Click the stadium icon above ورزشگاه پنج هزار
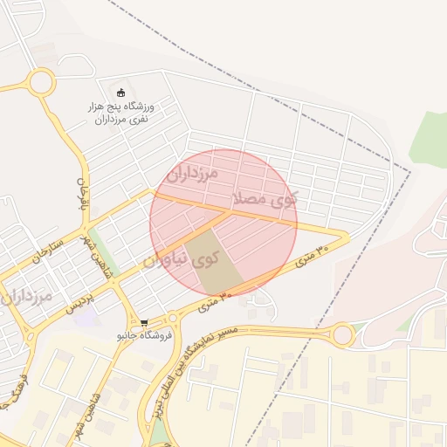(x=120, y=93)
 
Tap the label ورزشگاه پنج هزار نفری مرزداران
(x=121, y=111)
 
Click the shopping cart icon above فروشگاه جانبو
(x=144, y=322)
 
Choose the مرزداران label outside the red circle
(x=27, y=297)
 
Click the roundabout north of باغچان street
(x=40, y=84)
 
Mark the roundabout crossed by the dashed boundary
(x=343, y=334)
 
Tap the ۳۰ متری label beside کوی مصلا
(x=313, y=257)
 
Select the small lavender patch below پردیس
(x=85, y=317)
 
